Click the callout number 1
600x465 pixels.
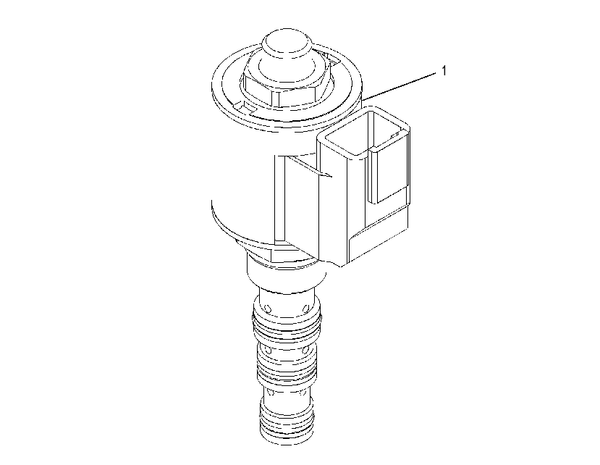tap(444, 71)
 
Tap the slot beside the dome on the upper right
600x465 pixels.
tap(330, 56)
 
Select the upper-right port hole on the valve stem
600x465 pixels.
tap(305, 308)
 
